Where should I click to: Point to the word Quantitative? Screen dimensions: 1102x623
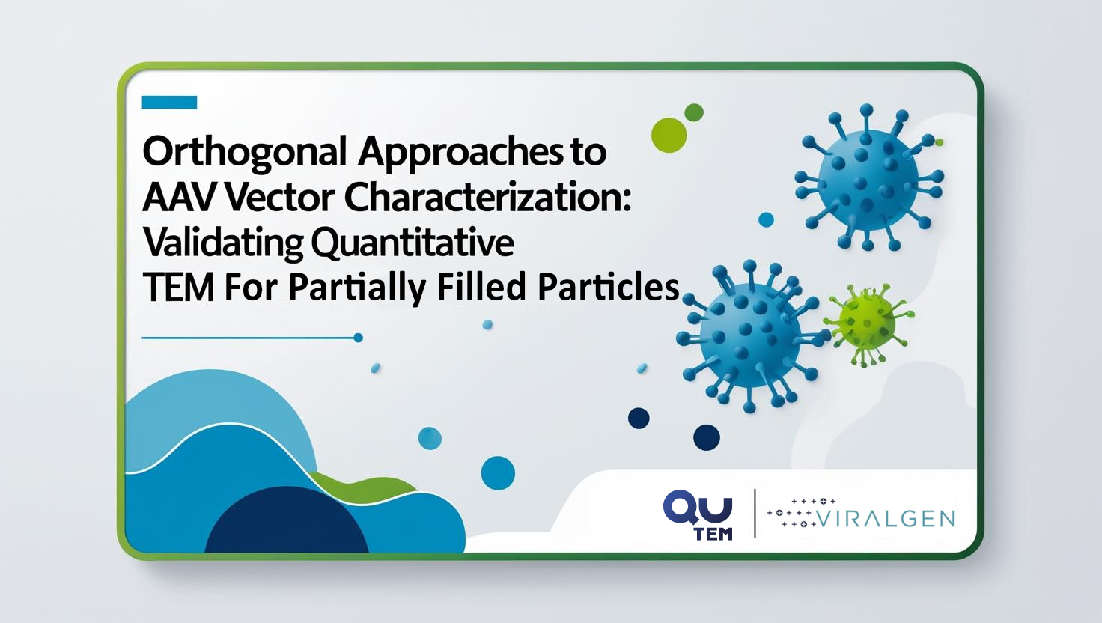pos(413,243)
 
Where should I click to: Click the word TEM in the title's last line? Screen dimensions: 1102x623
pos(179,288)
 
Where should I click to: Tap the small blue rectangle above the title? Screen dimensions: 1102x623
pos(169,102)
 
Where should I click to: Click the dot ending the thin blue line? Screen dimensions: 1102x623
pos(358,338)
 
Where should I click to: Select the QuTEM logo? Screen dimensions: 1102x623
pos(698,514)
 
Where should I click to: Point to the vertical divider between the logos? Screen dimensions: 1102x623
pos(755,513)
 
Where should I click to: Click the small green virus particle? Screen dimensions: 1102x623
pos(868,324)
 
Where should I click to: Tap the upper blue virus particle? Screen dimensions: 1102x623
pos(869,177)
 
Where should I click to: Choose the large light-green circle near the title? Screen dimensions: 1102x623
pos(669,135)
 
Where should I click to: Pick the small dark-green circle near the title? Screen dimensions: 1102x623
pos(694,112)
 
